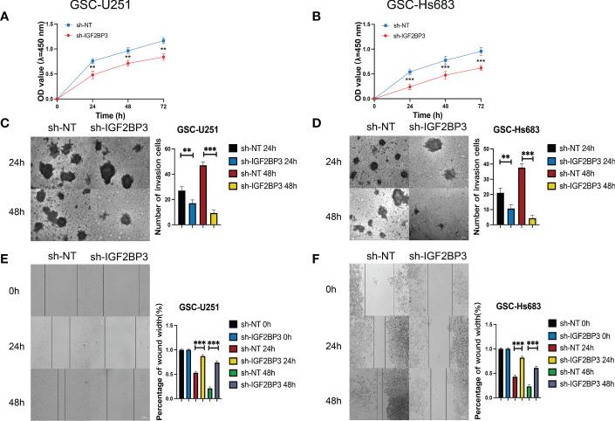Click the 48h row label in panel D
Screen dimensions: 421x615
(331, 215)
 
